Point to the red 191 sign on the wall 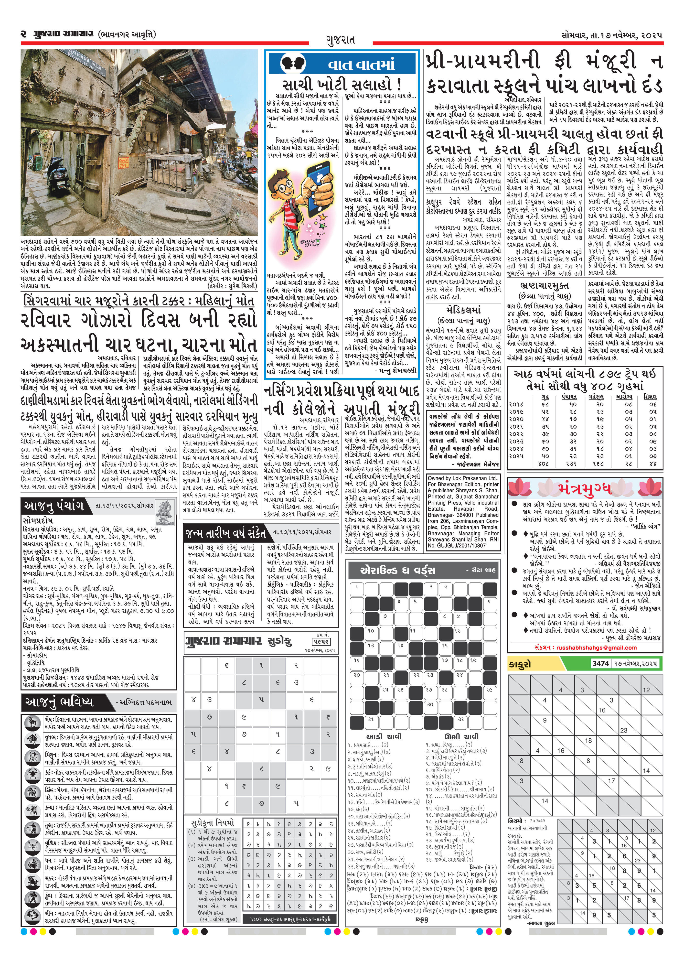123,163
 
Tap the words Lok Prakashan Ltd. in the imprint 475,478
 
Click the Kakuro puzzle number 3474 600,663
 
